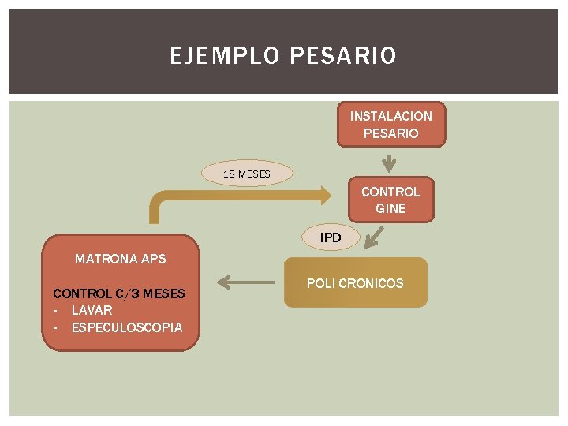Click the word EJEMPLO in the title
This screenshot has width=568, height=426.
point(226,56)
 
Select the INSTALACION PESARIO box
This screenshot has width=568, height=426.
point(391,125)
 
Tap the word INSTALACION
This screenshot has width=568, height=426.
point(391,116)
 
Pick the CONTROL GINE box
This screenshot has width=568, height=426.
point(390,200)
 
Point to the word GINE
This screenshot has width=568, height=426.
point(390,208)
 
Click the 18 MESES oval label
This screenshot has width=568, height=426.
point(246,174)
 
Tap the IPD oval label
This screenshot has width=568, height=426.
point(331,237)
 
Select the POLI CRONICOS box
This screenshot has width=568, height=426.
point(355,282)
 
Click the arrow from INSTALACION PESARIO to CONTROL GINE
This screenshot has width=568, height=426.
point(388,163)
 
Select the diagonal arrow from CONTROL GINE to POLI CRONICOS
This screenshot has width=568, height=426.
point(376,237)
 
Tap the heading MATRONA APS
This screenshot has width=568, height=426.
point(121,258)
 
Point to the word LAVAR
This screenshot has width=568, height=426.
point(92,310)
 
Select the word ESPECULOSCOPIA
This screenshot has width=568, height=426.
point(126,327)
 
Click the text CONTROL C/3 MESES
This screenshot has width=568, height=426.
point(119,293)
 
